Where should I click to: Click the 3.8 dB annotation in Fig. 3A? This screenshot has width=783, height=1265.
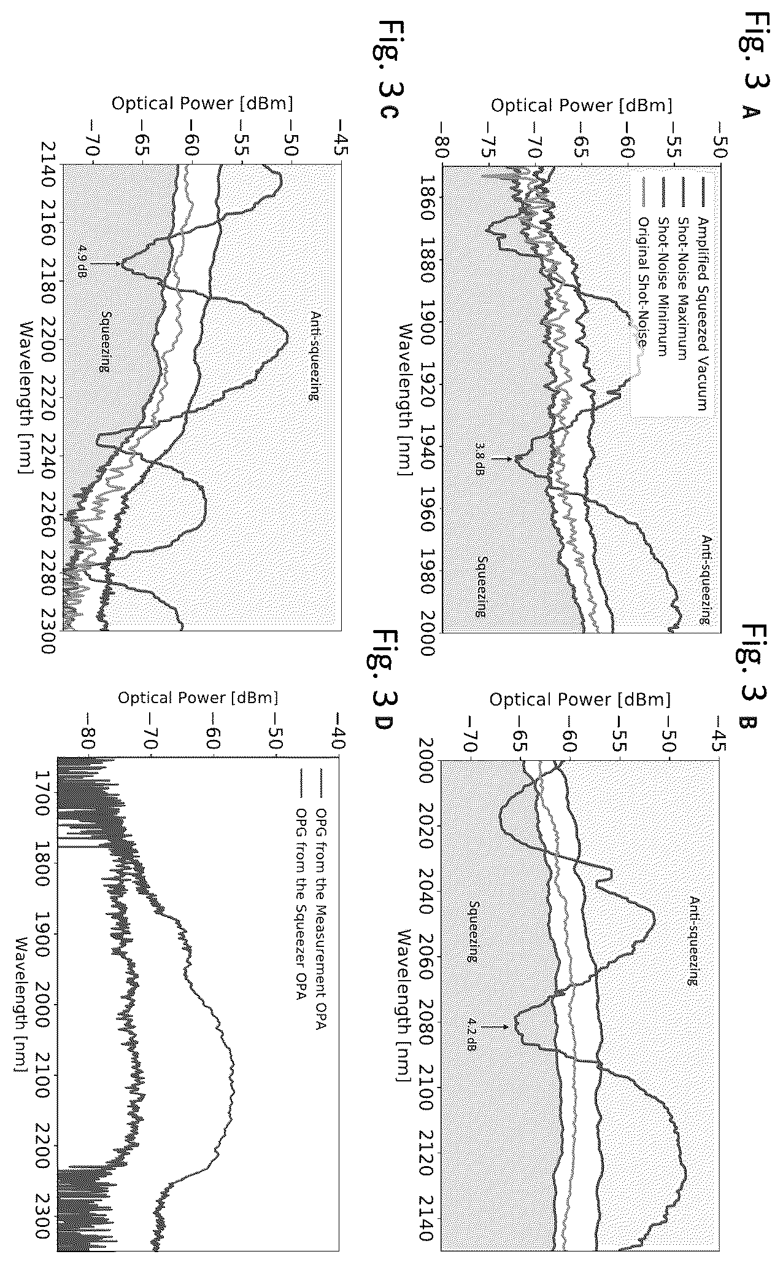(x=482, y=459)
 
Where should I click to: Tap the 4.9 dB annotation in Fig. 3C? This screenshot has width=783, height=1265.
(x=82, y=263)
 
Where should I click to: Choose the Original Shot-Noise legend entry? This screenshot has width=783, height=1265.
(x=642, y=283)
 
